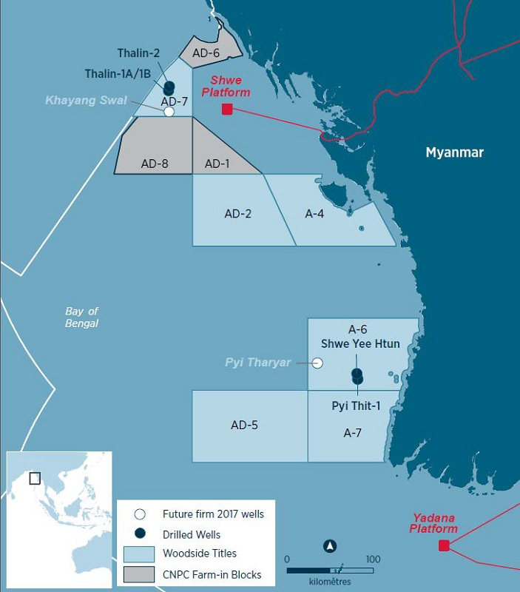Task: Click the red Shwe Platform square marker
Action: point(227,110)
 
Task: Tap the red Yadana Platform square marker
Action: point(444,546)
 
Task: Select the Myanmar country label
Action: point(454,152)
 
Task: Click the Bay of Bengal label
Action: point(81,317)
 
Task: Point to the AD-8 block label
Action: point(155,164)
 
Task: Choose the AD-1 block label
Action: point(217,164)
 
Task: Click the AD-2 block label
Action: point(238,213)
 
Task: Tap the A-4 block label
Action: point(315,213)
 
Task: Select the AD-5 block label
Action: point(245,425)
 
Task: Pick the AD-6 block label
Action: point(206,53)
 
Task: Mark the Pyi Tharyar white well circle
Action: point(317,363)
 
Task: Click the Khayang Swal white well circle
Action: point(169,112)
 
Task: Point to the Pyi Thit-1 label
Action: point(356,406)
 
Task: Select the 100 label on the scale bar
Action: point(373,559)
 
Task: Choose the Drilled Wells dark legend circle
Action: point(141,534)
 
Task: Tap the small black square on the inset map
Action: point(35,478)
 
